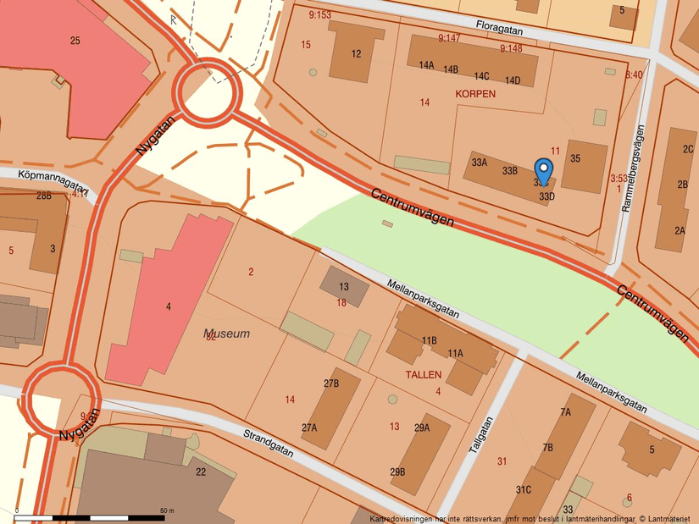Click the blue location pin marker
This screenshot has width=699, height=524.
(544, 171)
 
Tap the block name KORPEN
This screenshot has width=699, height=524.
(474, 94)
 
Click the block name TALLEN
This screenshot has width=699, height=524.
(423, 373)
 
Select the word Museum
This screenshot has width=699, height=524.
(227, 334)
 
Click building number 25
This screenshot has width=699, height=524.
(75, 41)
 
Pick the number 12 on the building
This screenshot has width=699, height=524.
(356, 54)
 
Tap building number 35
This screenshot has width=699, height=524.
(575, 158)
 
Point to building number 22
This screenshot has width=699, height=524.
(201, 472)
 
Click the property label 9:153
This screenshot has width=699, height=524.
(319, 15)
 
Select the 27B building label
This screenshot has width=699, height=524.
(330, 383)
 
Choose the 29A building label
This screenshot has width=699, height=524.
(421, 428)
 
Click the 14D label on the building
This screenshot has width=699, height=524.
(512, 80)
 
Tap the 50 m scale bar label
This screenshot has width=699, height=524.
(166, 510)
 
